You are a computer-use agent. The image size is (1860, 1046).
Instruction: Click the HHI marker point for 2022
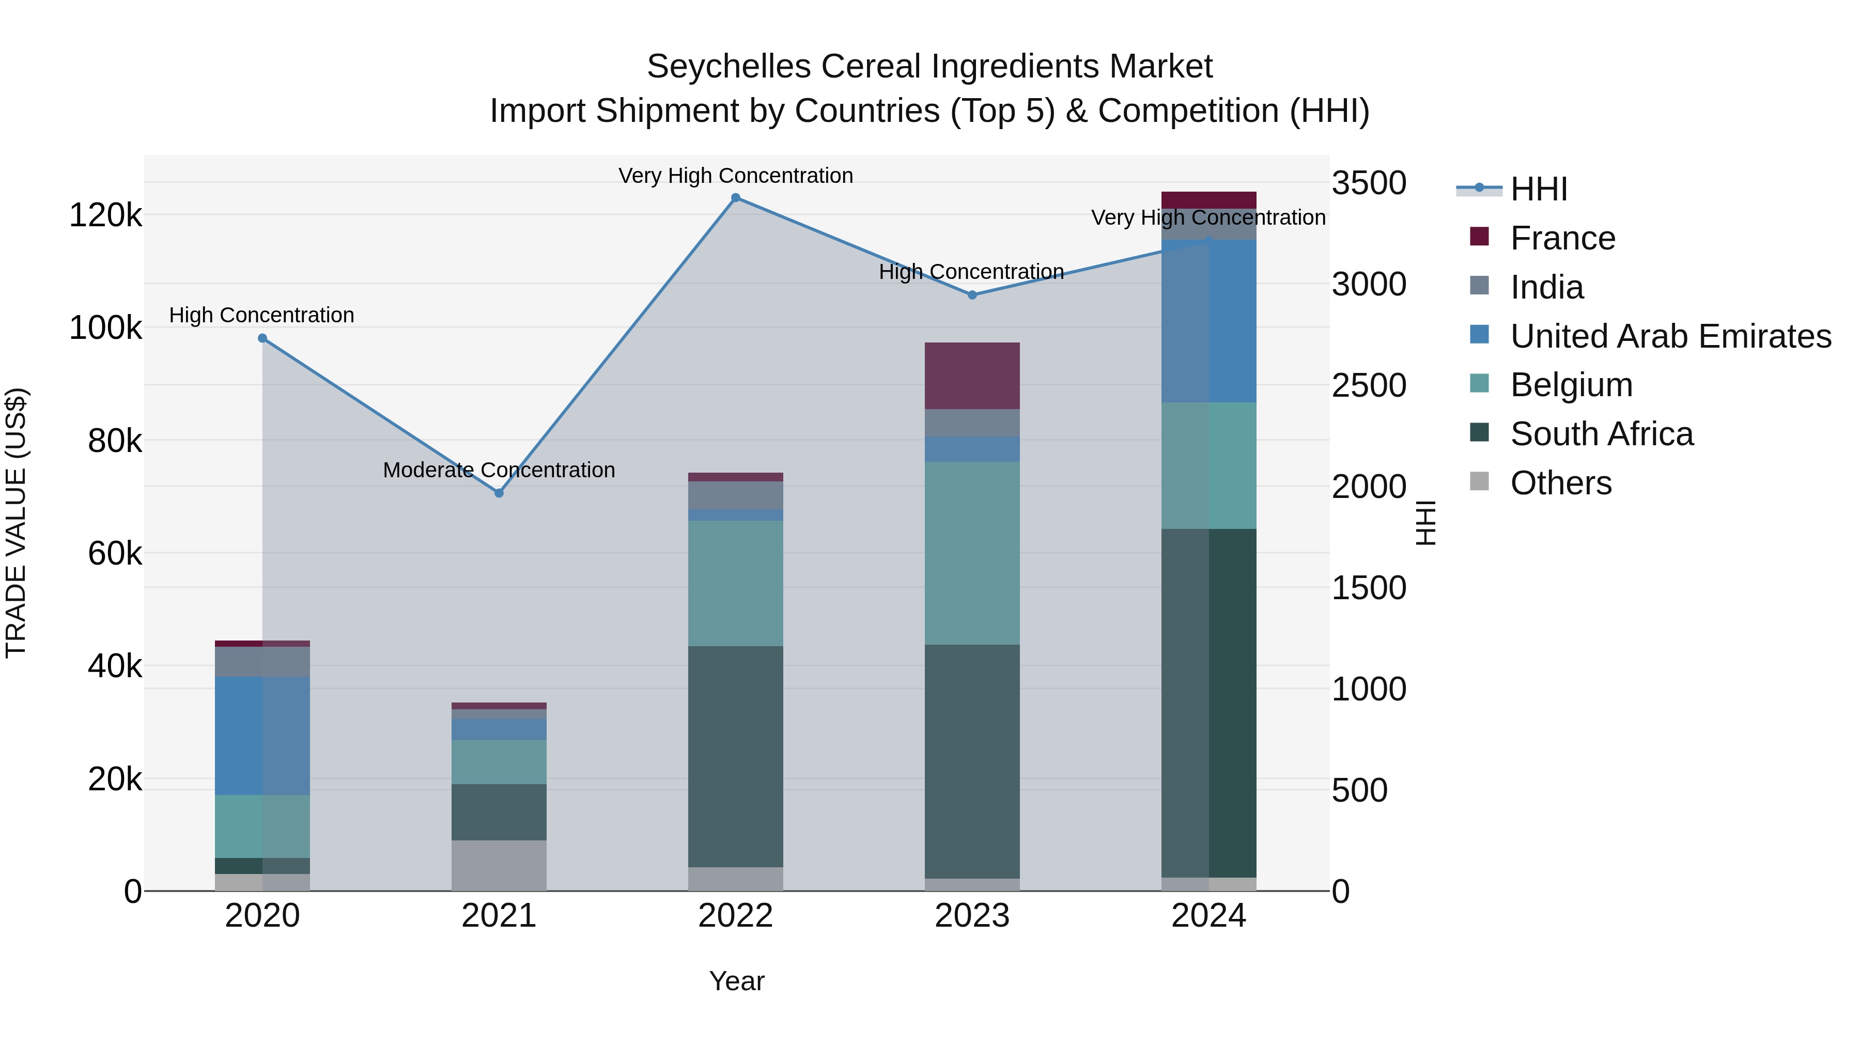pos(735,198)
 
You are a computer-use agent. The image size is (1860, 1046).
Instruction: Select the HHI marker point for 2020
pos(262,338)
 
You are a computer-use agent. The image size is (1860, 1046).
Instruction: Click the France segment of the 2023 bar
pos(972,376)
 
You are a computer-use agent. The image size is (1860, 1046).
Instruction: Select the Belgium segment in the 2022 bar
pos(735,583)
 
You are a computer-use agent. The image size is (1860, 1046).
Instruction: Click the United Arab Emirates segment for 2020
pos(262,736)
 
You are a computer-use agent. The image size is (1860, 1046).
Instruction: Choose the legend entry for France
pos(1562,238)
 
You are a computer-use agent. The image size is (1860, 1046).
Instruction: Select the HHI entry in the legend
pos(1538,189)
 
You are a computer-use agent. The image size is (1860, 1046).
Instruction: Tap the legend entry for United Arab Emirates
pos(1669,336)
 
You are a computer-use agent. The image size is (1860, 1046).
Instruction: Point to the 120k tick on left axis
pos(105,215)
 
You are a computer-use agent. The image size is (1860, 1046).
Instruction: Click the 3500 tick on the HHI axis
pos(1368,183)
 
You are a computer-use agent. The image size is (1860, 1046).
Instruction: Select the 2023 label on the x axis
pos(972,916)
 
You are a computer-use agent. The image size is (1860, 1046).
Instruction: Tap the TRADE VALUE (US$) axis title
pos(16,523)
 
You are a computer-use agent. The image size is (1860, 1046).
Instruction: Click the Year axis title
pos(736,981)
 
